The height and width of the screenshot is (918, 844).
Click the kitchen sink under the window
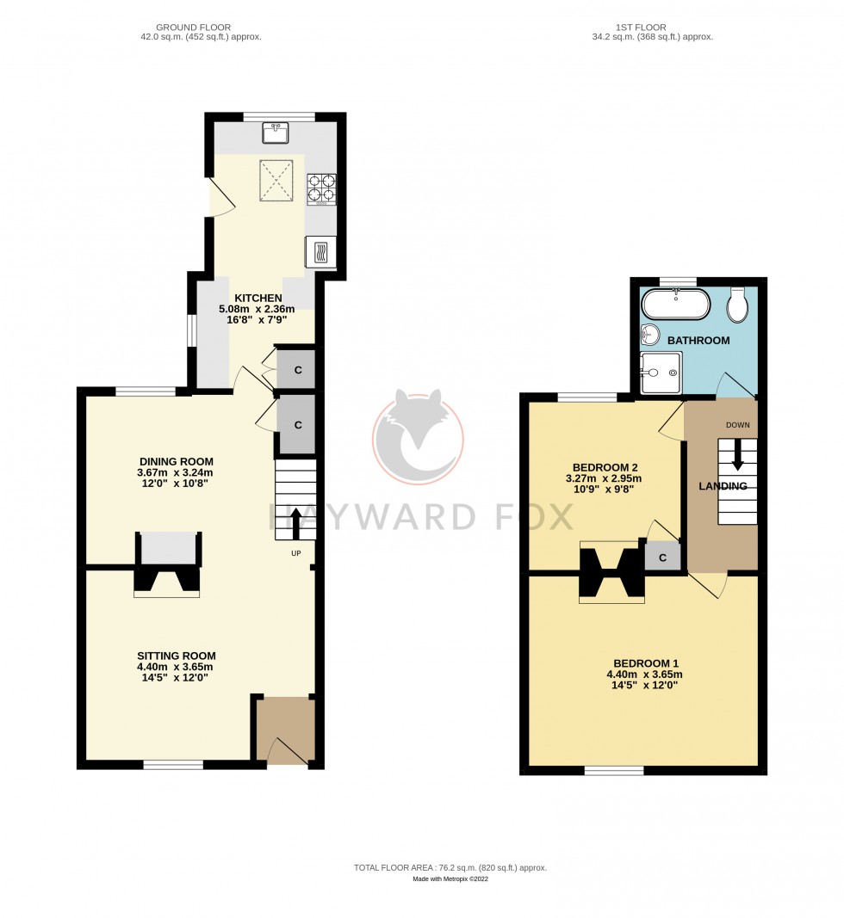pos(276,133)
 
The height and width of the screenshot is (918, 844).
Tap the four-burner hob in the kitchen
pos(320,188)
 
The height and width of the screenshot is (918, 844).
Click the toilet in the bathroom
pos(737,303)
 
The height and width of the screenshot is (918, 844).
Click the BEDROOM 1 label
pos(646,663)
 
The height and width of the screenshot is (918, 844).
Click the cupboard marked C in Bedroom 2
pos(662,558)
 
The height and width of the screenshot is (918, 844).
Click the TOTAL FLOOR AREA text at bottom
pos(450,868)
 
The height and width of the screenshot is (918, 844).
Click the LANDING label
pos(722,486)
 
